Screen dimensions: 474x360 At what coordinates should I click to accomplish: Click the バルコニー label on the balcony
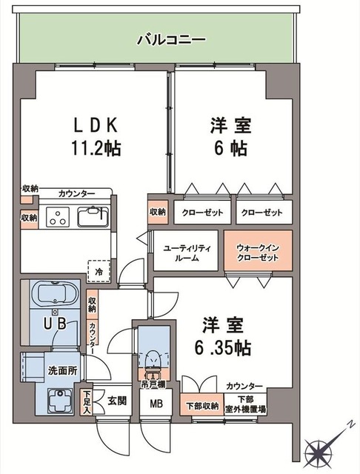pyautogui.click(x=170, y=39)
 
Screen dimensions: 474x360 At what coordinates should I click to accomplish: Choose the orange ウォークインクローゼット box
pyautogui.click(x=257, y=252)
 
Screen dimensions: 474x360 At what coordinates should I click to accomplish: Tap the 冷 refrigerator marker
pyautogui.click(x=99, y=272)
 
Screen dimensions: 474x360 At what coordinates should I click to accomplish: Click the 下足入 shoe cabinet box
pyautogui.click(x=87, y=401)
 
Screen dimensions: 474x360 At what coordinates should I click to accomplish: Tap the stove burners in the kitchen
pyautogui.click(x=57, y=217)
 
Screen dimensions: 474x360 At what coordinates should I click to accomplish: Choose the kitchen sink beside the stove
pyautogui.click(x=92, y=217)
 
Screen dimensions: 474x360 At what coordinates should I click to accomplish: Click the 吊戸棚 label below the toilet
pyautogui.click(x=153, y=384)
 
